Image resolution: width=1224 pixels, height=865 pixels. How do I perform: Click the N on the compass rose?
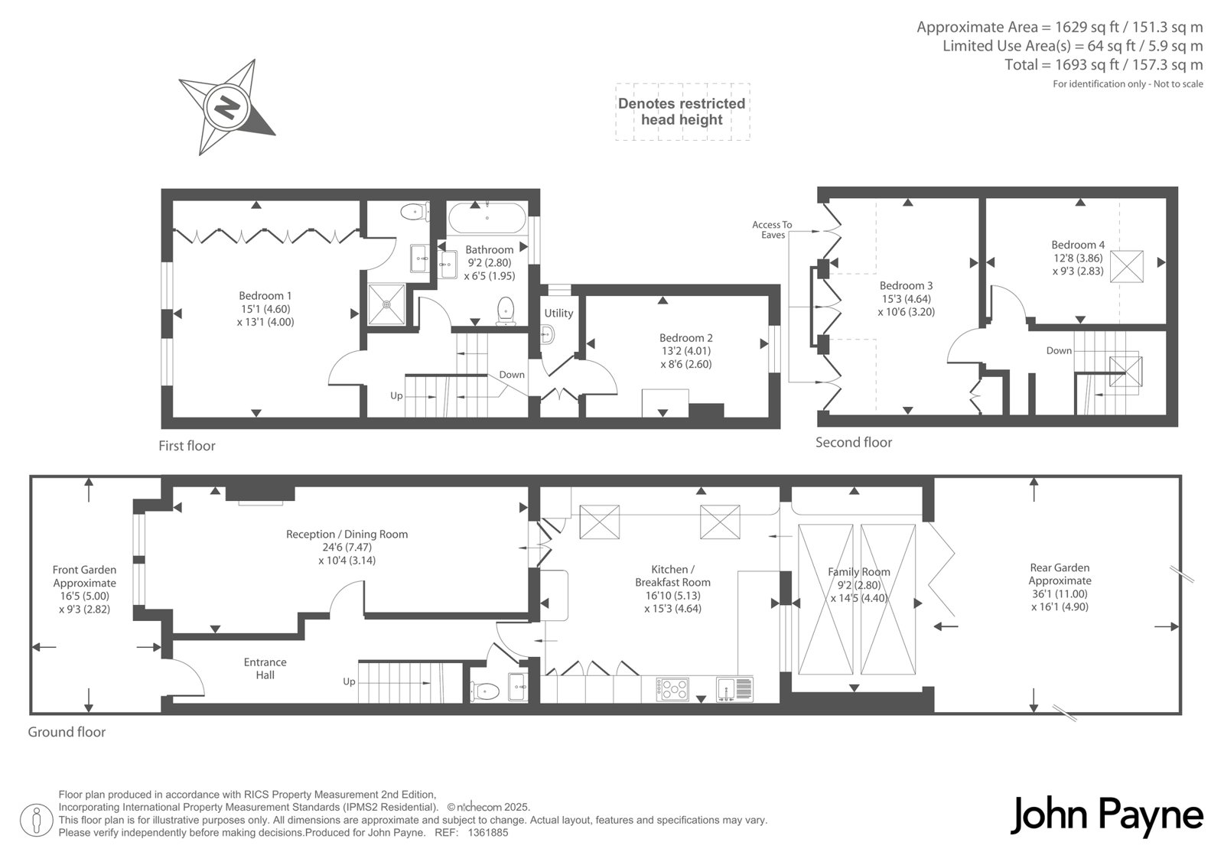(226, 107)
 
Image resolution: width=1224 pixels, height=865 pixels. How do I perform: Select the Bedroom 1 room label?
(265, 309)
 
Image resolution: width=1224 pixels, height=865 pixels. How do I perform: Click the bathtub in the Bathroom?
(487, 218)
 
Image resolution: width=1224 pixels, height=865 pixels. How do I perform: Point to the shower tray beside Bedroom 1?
(386, 304)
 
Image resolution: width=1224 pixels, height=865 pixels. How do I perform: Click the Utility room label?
(558, 313)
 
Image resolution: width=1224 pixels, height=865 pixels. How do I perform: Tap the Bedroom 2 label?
(685, 351)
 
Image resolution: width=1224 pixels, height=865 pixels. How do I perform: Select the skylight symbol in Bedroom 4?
(1126, 266)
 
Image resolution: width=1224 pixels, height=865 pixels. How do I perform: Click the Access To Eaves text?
(772, 229)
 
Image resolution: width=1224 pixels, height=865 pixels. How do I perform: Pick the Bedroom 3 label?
(906, 298)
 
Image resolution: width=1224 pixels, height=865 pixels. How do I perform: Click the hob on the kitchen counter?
(672, 690)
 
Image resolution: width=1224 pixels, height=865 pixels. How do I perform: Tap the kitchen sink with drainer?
(734, 689)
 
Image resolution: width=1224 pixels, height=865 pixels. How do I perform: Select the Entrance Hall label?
(265, 668)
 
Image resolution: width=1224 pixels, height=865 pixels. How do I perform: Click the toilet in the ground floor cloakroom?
(485, 691)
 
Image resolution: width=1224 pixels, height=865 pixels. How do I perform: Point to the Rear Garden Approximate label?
(1060, 587)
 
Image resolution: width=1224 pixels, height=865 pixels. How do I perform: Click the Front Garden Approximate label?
(84, 589)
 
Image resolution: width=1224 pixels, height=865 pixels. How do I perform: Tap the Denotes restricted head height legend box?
(682, 112)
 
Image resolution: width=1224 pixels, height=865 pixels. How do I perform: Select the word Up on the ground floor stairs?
(349, 681)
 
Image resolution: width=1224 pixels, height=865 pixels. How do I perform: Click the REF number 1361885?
(488, 833)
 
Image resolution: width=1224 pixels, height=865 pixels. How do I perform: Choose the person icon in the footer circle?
(36, 820)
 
